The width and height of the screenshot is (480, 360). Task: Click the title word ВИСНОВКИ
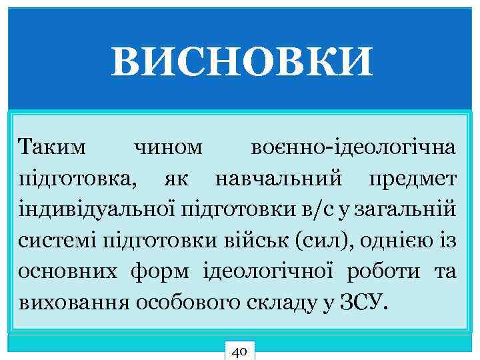242,64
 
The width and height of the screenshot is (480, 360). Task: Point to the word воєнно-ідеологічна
354,147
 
